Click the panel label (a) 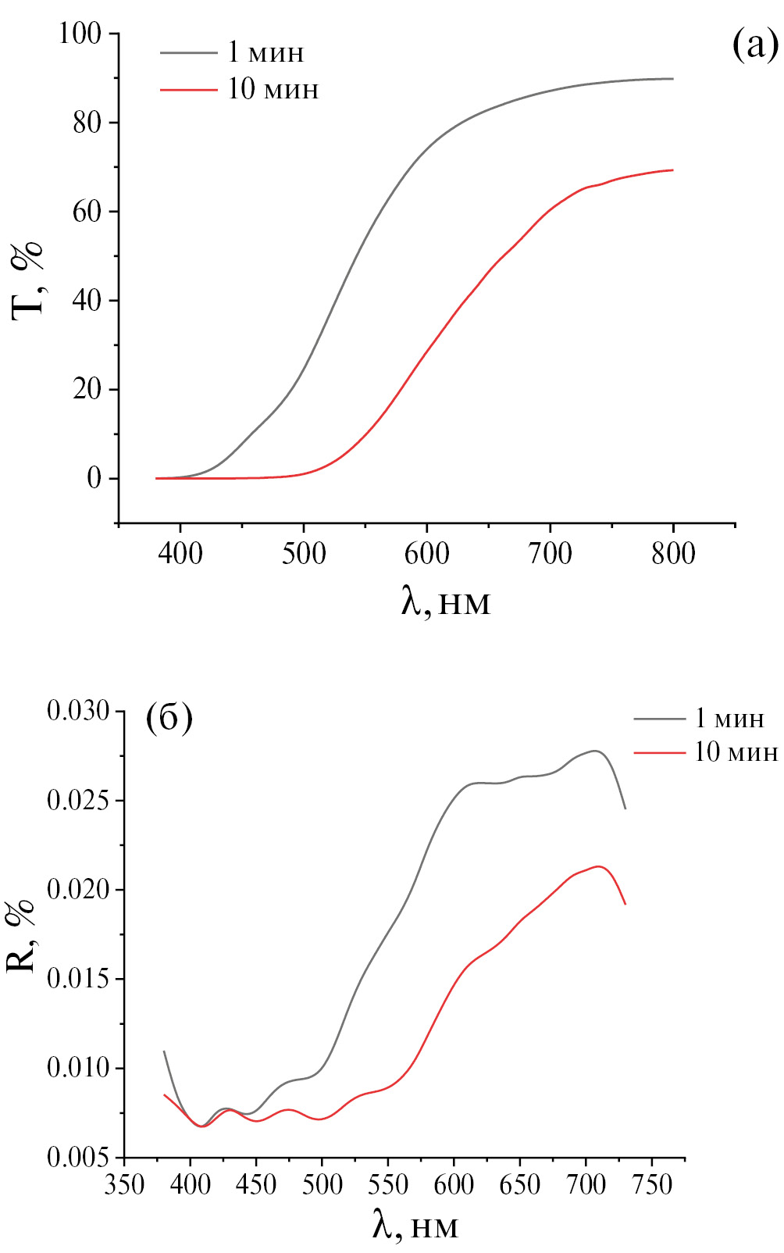(754, 45)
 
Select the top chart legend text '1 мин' (265, 52)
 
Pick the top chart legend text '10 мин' (273, 89)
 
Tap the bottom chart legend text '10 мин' (736, 751)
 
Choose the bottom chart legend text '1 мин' (729, 718)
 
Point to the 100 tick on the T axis (80, 34)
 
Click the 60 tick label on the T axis (87, 212)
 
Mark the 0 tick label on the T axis (94, 478)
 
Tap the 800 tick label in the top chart (673, 554)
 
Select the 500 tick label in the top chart (304, 554)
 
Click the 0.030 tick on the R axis (79, 712)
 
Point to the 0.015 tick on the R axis (79, 979)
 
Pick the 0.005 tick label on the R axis (79, 1157)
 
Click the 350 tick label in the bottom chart (125, 1185)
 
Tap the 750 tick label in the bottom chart (652, 1185)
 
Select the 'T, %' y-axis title (28, 279)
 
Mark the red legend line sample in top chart (188, 90)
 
